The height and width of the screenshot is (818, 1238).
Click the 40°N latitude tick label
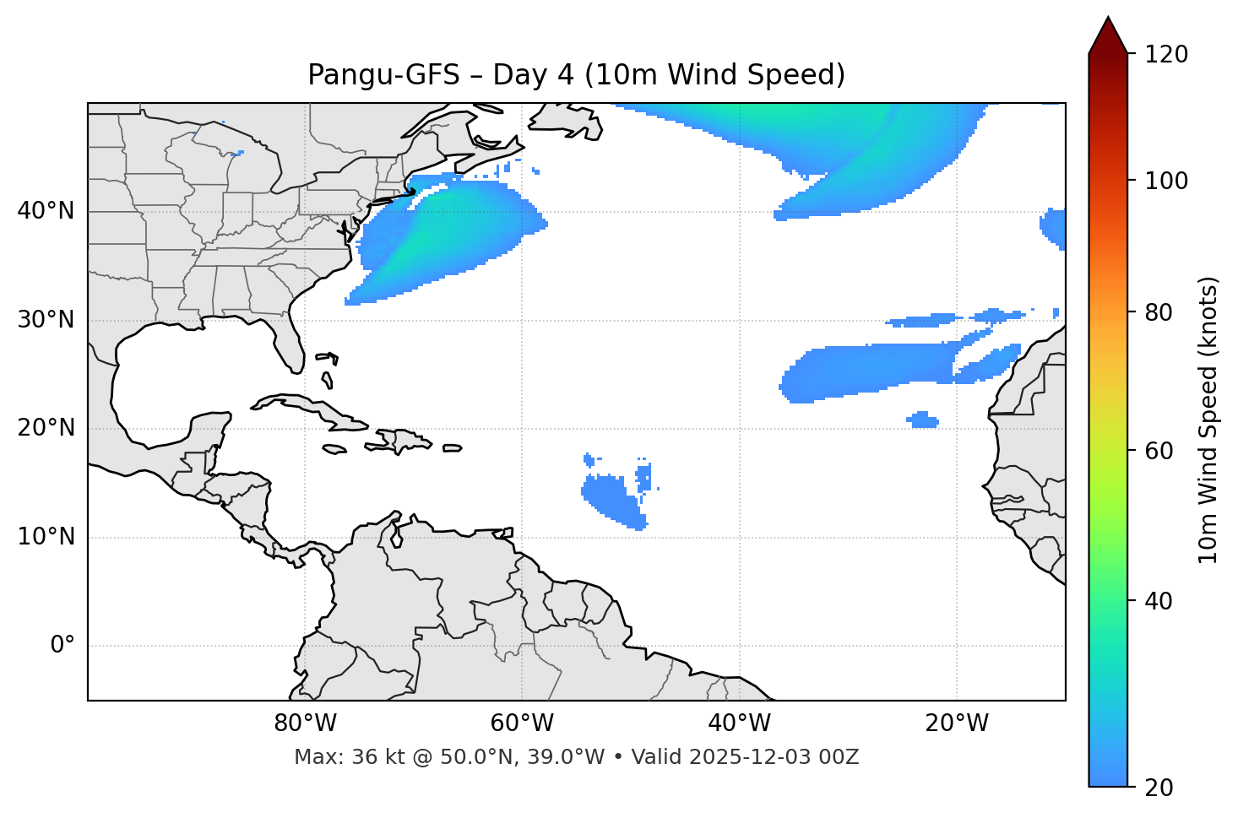point(46,211)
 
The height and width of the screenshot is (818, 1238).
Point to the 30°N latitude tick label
point(46,320)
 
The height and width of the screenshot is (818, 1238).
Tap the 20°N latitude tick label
point(46,428)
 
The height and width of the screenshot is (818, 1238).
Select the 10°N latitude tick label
point(46,537)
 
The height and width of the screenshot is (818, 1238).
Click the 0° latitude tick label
point(62,646)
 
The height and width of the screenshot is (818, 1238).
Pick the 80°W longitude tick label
point(305,723)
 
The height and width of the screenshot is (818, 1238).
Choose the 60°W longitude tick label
point(522,723)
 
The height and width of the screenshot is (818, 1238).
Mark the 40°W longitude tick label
point(739,723)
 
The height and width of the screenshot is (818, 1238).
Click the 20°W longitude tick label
point(957,723)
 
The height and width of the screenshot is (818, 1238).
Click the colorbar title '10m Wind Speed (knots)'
point(1208,420)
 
